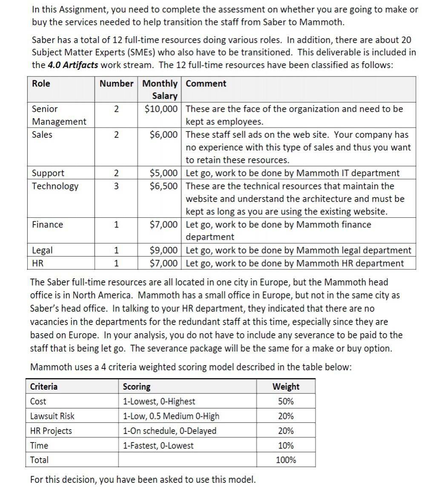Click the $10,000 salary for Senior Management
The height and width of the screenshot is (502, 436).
pyautogui.click(x=161, y=109)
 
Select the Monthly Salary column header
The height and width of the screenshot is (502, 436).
pyautogui.click(x=160, y=89)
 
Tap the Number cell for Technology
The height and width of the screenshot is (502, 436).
pyautogui.click(x=116, y=186)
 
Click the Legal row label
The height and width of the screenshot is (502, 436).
pyautogui.click(x=43, y=250)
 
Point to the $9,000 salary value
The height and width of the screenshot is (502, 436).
pyautogui.click(x=163, y=250)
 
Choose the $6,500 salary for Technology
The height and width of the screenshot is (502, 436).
pyautogui.click(x=163, y=186)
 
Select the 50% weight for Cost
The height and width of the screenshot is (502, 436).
pyautogui.click(x=286, y=401)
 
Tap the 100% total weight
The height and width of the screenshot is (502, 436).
pyautogui.click(x=286, y=460)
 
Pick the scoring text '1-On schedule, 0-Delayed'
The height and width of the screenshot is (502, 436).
pyautogui.click(x=169, y=431)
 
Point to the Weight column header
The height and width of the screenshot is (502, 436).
pyautogui.click(x=286, y=386)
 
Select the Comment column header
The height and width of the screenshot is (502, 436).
pyautogui.click(x=206, y=83)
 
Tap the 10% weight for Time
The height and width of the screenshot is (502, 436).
pyautogui.click(x=286, y=445)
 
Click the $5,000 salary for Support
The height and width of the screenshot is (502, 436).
pyautogui.click(x=163, y=173)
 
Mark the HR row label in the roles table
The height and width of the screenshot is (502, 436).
pyautogui.click(x=37, y=263)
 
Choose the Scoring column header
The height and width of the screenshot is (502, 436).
pyautogui.click(x=136, y=386)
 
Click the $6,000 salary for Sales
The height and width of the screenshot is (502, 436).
pyautogui.click(x=163, y=134)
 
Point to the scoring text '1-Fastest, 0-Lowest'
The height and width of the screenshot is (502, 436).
pyautogui.click(x=158, y=445)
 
